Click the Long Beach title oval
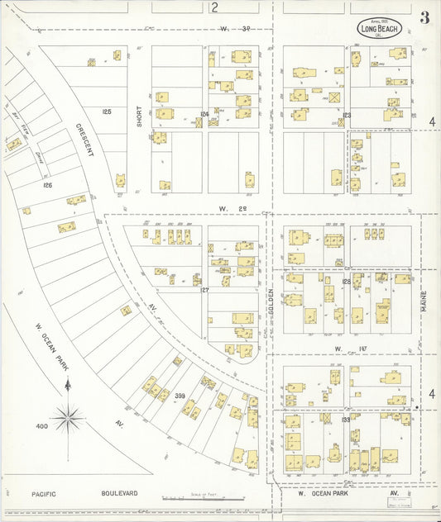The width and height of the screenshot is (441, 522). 380,28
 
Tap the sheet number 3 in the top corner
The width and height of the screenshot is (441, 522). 424,18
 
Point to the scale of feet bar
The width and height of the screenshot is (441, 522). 203,498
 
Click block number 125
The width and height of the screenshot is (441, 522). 106,111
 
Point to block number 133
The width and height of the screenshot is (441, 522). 347,419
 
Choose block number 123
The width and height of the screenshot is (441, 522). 348,115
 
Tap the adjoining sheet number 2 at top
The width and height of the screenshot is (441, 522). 213,8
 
